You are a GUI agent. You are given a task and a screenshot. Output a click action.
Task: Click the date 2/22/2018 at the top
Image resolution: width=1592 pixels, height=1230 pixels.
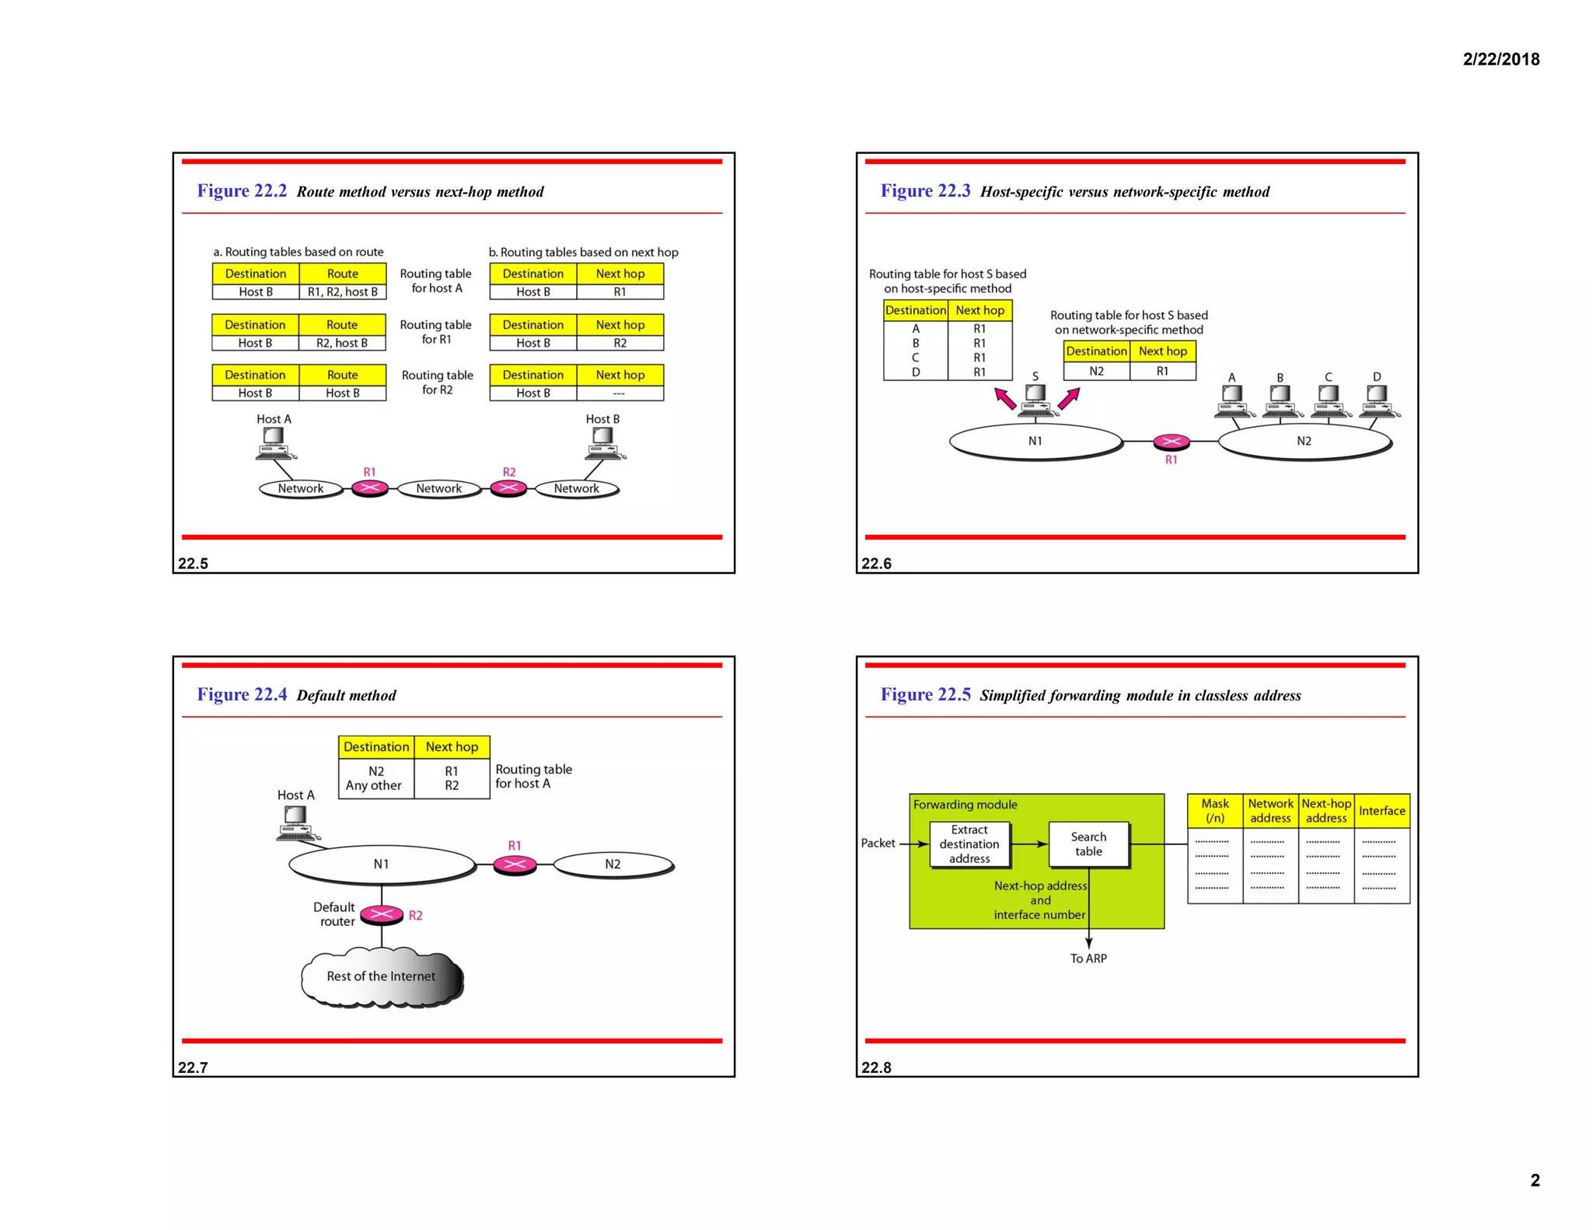pyautogui.click(x=1500, y=59)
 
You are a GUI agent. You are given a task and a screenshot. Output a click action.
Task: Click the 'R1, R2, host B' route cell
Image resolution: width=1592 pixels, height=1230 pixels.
pyautogui.click(x=342, y=292)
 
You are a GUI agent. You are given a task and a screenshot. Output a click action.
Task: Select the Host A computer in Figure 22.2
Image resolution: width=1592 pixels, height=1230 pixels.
pyautogui.click(x=274, y=443)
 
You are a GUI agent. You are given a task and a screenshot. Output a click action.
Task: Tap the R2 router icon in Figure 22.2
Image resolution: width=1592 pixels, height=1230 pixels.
pyautogui.click(x=508, y=488)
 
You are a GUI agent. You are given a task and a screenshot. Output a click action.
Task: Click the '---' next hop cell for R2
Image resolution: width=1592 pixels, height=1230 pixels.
pyautogui.click(x=620, y=393)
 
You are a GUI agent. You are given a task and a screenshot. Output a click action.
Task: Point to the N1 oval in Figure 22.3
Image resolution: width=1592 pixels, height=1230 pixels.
pyautogui.click(x=1035, y=441)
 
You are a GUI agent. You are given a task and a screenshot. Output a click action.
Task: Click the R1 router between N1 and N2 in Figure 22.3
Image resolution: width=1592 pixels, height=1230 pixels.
pyautogui.click(x=1171, y=442)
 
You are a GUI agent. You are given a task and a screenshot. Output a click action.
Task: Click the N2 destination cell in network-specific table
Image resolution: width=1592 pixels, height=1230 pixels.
pyautogui.click(x=1096, y=371)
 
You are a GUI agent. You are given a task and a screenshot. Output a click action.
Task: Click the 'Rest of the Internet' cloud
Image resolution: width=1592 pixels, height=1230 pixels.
pyautogui.click(x=381, y=977)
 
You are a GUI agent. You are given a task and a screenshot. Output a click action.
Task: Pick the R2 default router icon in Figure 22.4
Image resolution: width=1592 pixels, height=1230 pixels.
pyautogui.click(x=382, y=914)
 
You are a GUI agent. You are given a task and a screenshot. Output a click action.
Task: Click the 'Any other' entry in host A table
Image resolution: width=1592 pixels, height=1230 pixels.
pyautogui.click(x=374, y=785)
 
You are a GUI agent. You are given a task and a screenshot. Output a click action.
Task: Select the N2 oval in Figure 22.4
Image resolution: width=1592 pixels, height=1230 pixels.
pyautogui.click(x=613, y=864)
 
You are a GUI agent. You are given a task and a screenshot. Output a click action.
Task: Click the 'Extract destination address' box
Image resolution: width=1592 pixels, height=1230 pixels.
pyautogui.click(x=969, y=844)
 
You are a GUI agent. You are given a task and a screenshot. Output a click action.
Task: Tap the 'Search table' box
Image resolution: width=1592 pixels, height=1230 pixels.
pyautogui.click(x=1088, y=844)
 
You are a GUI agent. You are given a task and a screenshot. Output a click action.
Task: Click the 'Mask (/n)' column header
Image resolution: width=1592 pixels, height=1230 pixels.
pyautogui.click(x=1215, y=811)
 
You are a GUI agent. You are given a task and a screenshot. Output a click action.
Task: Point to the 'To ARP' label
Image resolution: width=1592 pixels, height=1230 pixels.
pyautogui.click(x=1088, y=959)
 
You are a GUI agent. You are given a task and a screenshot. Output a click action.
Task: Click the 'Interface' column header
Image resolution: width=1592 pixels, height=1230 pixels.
pyautogui.click(x=1381, y=811)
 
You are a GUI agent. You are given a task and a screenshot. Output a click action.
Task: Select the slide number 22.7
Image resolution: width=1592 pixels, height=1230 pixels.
pyautogui.click(x=193, y=1068)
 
